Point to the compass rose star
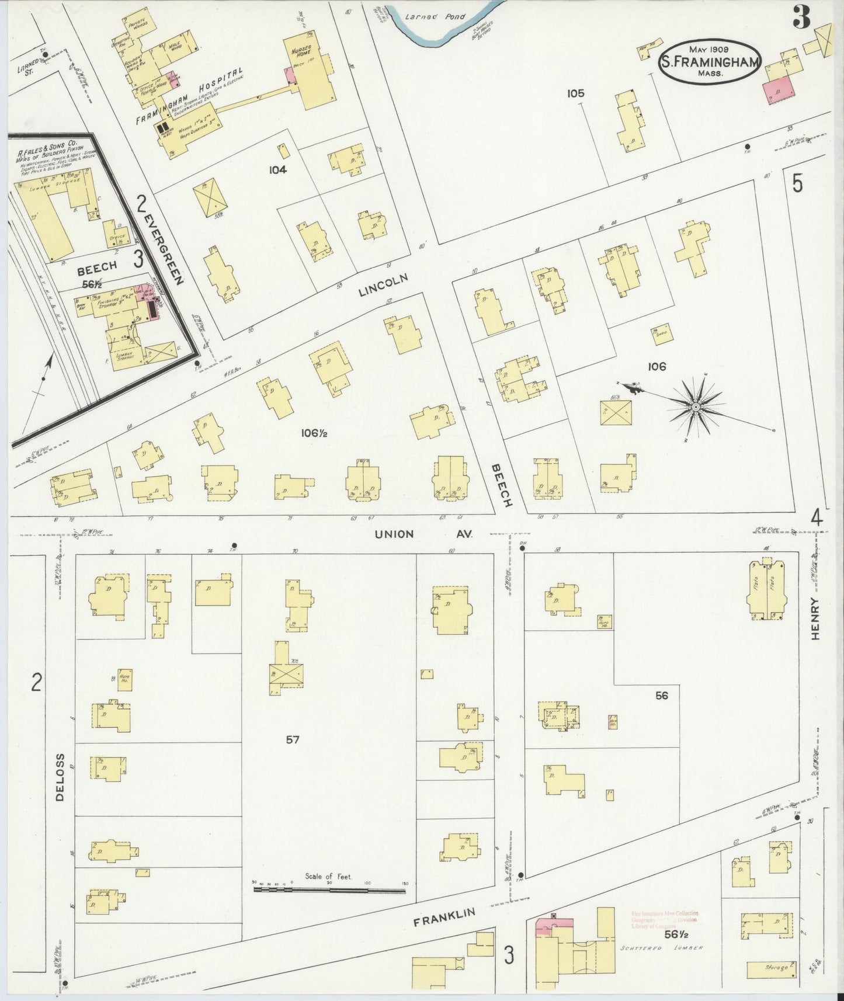696,406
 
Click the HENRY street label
815,618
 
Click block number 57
293,739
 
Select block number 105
575,93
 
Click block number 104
277,170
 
